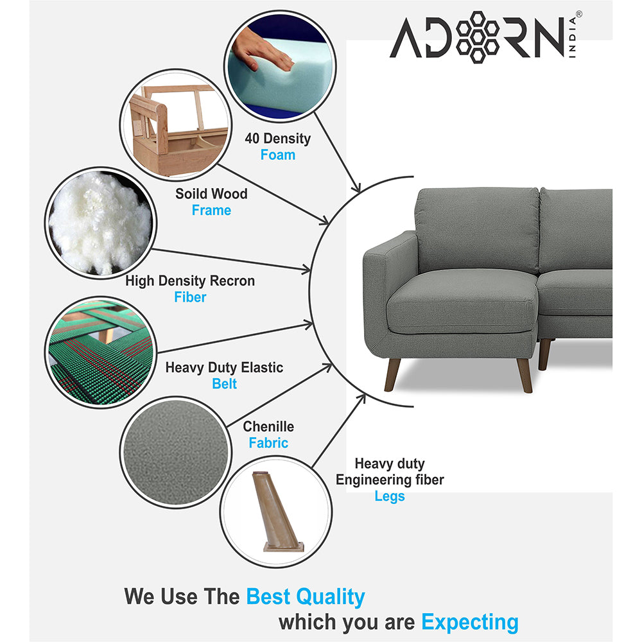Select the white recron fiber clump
100,221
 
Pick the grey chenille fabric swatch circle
174,453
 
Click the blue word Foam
277,155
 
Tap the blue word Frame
211,210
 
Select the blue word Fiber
190,297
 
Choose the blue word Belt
224,384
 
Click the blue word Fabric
268,443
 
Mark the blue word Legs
390,496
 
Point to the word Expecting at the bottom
469,621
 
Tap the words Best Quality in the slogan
305,596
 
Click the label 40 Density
277,138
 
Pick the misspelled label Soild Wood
211,193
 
